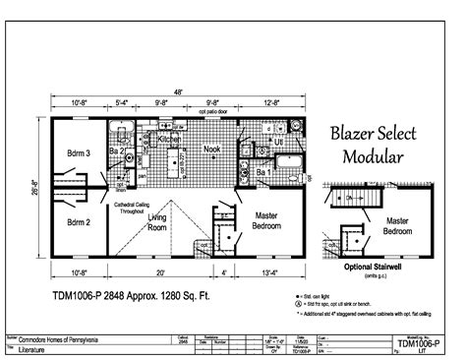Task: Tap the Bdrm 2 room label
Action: pyautogui.click(x=78, y=222)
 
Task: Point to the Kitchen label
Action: pyautogui.click(x=170, y=140)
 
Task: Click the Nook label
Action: pyautogui.click(x=211, y=150)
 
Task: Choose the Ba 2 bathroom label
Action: pyautogui.click(x=115, y=152)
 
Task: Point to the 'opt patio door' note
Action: pyautogui.click(x=212, y=112)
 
